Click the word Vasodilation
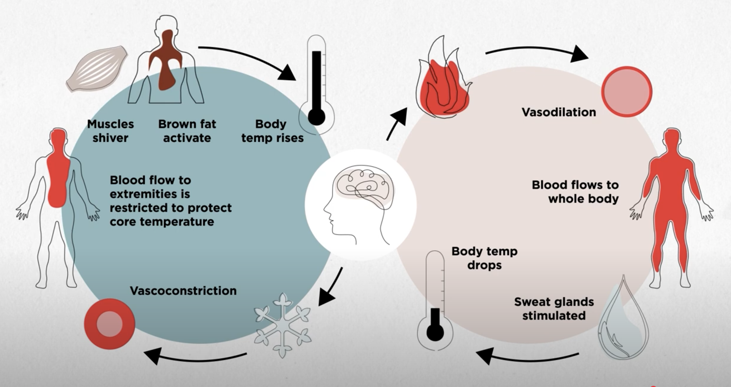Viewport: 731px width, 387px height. pyautogui.click(x=559, y=112)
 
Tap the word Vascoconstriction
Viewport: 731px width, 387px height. pyautogui.click(x=183, y=291)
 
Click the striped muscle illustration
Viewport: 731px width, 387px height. pyautogui.click(x=97, y=68)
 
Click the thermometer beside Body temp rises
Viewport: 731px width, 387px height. pyautogui.click(x=316, y=83)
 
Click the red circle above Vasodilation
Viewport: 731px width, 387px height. pyautogui.click(x=627, y=91)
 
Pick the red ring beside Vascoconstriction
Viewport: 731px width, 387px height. pyautogui.click(x=109, y=324)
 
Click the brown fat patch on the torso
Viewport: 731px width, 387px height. pyautogui.click(x=166, y=60)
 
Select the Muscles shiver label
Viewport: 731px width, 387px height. pyautogui.click(x=111, y=131)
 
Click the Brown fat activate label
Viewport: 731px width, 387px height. pyautogui.click(x=187, y=131)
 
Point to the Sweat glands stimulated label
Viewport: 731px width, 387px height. pyautogui.click(x=554, y=309)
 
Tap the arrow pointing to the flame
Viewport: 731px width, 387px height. pyautogui.click(x=397, y=124)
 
